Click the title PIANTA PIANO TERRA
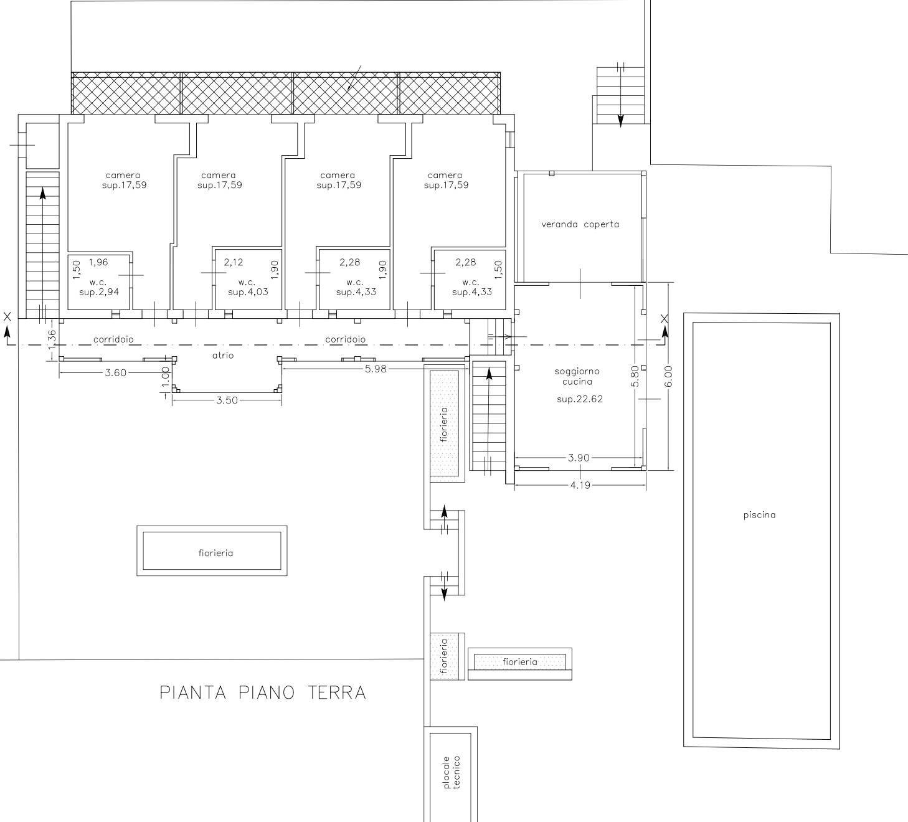263,692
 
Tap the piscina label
759,515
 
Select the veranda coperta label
580,224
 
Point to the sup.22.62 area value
579,399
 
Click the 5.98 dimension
376,369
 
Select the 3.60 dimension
115,373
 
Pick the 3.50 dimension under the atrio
227,400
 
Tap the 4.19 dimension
580,485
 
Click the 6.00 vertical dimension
668,376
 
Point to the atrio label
223,355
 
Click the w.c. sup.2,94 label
98,287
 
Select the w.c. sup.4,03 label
247,287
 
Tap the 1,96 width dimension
98,262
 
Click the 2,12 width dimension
234,262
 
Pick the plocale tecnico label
452,772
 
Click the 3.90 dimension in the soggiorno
579,458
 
